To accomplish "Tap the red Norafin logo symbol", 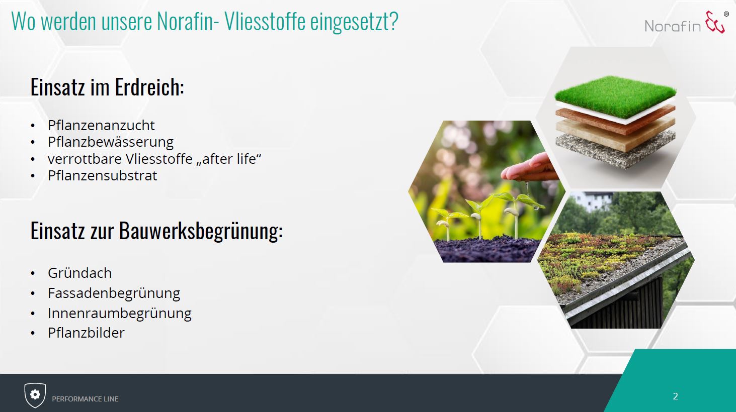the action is [x=715, y=22].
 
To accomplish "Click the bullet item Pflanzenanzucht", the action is [x=101, y=125].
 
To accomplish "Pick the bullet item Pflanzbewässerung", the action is [x=110, y=142].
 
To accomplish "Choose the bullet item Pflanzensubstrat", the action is [x=102, y=175].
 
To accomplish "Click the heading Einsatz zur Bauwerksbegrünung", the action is [x=156, y=231].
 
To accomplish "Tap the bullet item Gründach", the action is [x=79, y=273].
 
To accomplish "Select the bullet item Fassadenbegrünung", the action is [x=114, y=293].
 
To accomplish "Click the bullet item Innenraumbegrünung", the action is [x=120, y=313].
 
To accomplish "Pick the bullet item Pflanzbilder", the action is [x=86, y=333].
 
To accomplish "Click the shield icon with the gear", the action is [x=35, y=395].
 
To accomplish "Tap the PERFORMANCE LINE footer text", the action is [x=85, y=399].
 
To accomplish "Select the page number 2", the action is [x=675, y=396].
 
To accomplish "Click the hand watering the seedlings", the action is [x=531, y=169].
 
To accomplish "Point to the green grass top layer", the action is [x=615, y=96].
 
